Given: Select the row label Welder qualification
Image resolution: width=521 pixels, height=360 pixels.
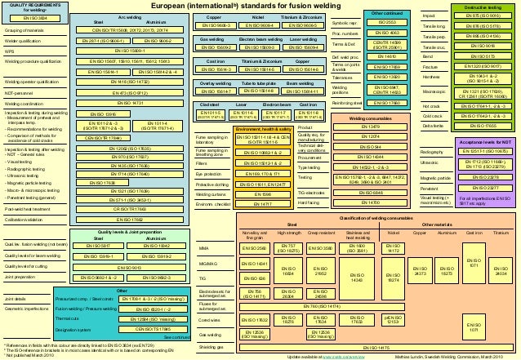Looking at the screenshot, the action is (x=24, y=39).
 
